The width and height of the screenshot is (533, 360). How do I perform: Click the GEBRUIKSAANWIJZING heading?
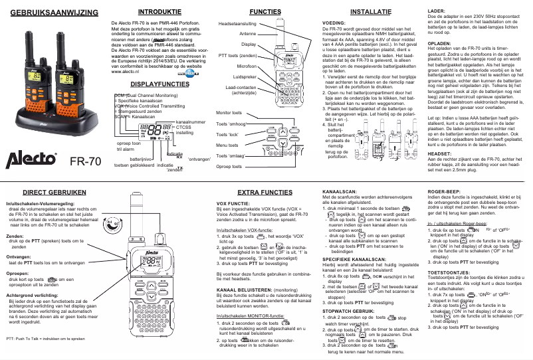pos(50,13)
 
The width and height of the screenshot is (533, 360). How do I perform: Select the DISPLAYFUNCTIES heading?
pos(160,84)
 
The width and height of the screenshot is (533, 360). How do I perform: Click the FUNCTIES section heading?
pos(265,13)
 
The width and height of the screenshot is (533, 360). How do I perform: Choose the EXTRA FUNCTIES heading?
pos(265,192)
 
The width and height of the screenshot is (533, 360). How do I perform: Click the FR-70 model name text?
pos(85,161)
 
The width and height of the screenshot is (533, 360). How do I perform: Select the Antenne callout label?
pos(249,33)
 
